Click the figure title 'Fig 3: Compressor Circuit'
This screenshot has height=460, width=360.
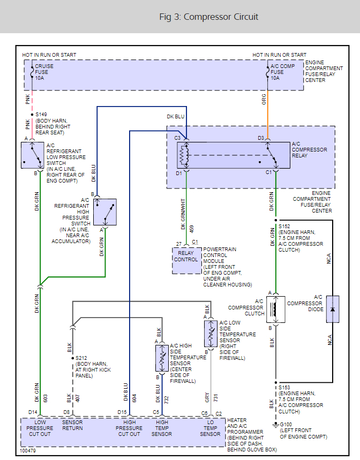(x=209, y=17)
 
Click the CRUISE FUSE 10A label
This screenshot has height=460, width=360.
(x=44, y=72)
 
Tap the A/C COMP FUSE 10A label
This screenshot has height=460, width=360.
(x=282, y=72)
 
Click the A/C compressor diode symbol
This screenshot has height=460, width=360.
(x=333, y=309)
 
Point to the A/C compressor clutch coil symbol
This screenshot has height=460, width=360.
(x=275, y=309)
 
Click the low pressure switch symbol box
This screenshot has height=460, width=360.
(x=33, y=155)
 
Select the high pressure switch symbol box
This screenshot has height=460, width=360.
(x=104, y=212)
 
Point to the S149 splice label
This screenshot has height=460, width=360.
(x=42, y=115)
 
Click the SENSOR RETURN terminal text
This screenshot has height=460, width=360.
(x=72, y=425)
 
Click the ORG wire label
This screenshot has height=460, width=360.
(x=264, y=100)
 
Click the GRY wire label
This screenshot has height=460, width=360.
(x=207, y=398)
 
